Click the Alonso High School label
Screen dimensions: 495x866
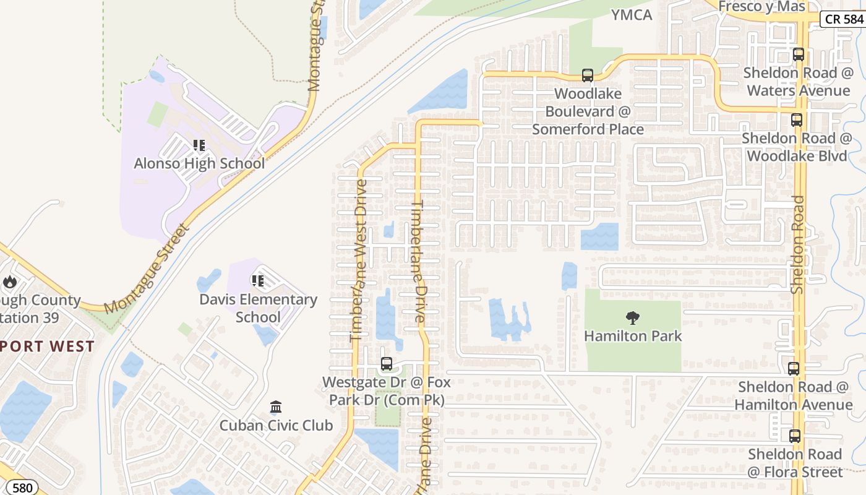pos(199,163)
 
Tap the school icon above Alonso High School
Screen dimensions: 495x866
pos(199,145)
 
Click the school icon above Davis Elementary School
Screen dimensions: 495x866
pos(258,282)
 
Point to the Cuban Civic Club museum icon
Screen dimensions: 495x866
pos(276,407)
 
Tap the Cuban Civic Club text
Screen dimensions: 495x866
pos(276,426)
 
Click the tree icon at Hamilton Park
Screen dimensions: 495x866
pos(632,318)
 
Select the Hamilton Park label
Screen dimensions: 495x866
pos(633,336)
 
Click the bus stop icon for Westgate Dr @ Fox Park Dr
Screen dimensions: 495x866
pos(387,364)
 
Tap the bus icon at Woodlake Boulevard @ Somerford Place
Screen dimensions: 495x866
pos(588,75)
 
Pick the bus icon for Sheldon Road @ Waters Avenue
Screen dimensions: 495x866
pos(799,54)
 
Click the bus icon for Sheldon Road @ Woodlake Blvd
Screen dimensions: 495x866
pos(797,120)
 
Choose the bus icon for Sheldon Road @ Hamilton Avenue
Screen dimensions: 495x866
pos(794,369)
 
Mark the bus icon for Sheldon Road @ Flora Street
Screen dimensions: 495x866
pos(795,436)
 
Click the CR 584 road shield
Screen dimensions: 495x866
pos(843,19)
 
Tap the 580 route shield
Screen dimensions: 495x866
pos(22,488)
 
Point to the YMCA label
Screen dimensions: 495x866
pos(632,15)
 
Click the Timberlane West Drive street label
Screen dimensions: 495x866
pos(358,260)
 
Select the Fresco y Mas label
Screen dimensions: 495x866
pos(762,6)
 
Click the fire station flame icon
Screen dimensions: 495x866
pos(10,282)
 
